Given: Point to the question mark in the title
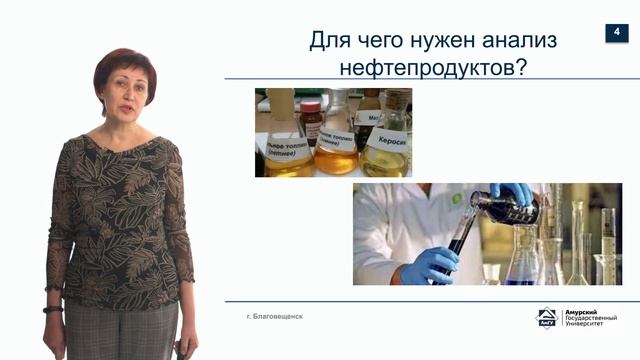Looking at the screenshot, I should coord(521,69).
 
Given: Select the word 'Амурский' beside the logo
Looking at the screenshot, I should coord(583,312).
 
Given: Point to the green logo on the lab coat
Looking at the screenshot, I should coord(456,198).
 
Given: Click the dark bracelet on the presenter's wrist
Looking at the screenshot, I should coord(53,309).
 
